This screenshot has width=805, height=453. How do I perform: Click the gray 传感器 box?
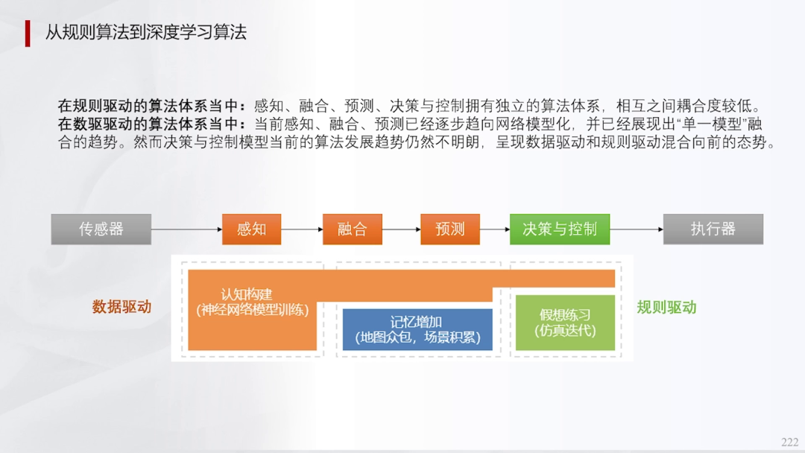(x=101, y=229)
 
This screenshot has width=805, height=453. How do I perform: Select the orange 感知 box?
(x=251, y=229)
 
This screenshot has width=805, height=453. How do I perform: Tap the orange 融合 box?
(x=352, y=229)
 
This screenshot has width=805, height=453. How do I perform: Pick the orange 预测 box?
(x=449, y=229)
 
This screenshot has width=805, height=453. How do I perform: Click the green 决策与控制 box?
(x=559, y=229)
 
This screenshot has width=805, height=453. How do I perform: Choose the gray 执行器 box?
(x=713, y=229)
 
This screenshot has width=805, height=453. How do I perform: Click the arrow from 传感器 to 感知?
(x=186, y=229)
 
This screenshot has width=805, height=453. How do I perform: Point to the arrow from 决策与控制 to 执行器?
(x=637, y=229)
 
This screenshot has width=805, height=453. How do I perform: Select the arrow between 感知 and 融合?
(x=302, y=229)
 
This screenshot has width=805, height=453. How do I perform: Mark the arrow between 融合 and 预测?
(x=401, y=229)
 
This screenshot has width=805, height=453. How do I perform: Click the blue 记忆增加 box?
(x=417, y=329)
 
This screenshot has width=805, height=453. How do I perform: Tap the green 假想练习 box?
(x=565, y=323)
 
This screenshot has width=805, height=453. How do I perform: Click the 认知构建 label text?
(x=247, y=295)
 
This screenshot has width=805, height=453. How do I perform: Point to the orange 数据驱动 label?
(x=121, y=306)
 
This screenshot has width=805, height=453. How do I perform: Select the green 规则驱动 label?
(x=666, y=307)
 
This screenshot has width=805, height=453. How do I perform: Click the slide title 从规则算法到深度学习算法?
(x=146, y=33)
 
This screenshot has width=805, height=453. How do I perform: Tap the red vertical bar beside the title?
(x=28, y=33)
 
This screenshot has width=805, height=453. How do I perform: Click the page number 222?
(x=789, y=442)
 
